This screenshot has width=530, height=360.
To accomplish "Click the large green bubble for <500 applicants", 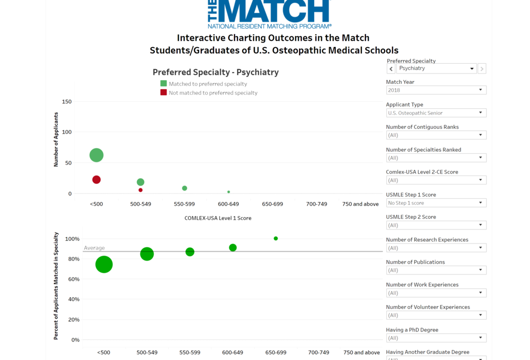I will point(96,155).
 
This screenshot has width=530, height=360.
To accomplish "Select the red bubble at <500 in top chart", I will point(96,180).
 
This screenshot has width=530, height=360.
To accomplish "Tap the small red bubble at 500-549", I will point(140,190).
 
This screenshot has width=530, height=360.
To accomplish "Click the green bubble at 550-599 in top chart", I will point(184,188).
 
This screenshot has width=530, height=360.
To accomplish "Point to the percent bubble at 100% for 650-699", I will point(276,238).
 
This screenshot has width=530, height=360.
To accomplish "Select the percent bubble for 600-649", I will point(233,248).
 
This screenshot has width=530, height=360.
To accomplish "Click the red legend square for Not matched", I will point(164,93).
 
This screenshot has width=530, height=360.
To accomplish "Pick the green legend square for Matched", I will point(164,83).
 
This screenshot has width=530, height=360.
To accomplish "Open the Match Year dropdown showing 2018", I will point(436,90).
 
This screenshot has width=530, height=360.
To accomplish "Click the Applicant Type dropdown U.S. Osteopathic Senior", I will point(436,112).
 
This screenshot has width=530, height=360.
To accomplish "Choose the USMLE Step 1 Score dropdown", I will point(436,203).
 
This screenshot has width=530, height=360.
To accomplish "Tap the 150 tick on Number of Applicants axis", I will point(66,102).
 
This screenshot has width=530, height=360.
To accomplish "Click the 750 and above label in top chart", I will point(360,204).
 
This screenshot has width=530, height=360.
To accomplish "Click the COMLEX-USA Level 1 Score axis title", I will point(218,218).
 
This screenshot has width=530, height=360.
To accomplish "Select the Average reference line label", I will point(94,248).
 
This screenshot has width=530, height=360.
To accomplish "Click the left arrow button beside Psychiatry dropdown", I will point(391,68).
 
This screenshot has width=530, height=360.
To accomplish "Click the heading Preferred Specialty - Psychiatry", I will point(215,73).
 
